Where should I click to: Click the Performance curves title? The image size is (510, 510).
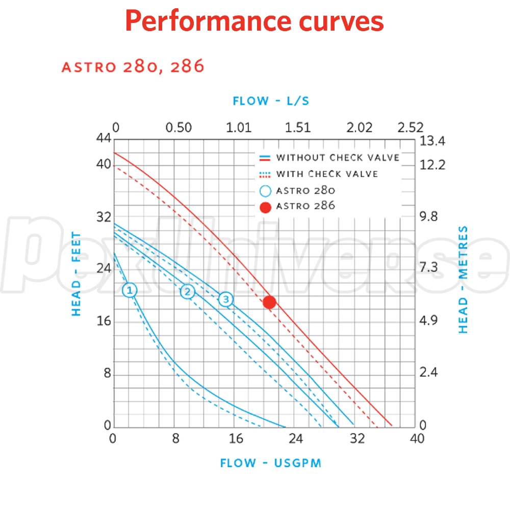[x=254, y=21]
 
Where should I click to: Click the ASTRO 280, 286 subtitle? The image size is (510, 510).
[x=133, y=67]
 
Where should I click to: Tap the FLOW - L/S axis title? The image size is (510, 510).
[x=271, y=101]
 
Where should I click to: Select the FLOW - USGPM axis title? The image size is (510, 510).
[x=271, y=463]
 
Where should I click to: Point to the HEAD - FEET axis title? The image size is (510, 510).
[x=76, y=274]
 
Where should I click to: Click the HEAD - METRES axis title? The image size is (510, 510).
[x=463, y=280]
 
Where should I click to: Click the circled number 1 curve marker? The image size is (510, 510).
[x=130, y=290]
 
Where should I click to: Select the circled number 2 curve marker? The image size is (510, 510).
[x=188, y=292]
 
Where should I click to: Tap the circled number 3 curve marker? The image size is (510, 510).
[x=226, y=299]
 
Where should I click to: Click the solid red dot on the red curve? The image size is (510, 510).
[x=269, y=302]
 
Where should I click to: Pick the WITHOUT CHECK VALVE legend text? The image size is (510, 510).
[x=338, y=157]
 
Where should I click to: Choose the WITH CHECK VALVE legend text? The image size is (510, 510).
[x=327, y=174]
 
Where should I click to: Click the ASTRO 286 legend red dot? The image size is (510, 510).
[x=265, y=207]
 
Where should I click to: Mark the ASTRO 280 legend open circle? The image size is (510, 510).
[x=265, y=191]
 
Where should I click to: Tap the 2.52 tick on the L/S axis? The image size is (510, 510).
[x=411, y=127]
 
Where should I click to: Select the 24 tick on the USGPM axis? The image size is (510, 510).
[x=296, y=439]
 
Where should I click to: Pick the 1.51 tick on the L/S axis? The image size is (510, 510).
[x=298, y=127]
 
